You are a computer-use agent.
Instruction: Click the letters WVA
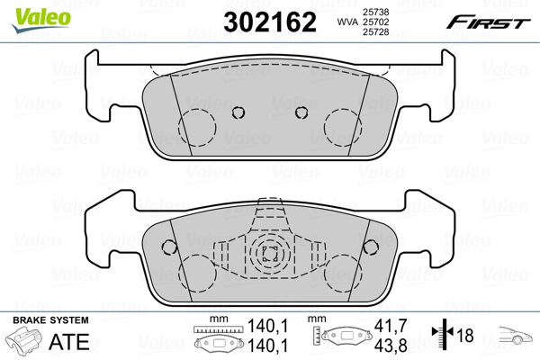346,20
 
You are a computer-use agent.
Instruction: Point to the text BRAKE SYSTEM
49,320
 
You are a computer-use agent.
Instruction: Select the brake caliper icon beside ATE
27,343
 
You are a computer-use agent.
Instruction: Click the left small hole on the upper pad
238,112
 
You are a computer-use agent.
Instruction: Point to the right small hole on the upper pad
301,112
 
